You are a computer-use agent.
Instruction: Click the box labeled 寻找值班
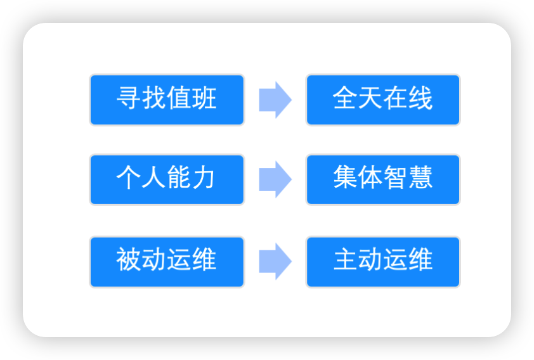click(x=167, y=100)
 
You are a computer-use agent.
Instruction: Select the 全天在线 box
click(x=383, y=100)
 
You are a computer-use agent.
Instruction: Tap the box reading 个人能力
click(x=167, y=179)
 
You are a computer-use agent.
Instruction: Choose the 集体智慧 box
click(x=383, y=179)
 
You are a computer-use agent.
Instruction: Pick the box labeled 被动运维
click(x=167, y=261)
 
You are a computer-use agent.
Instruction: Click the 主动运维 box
click(x=383, y=261)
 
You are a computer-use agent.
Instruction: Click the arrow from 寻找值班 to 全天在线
click(x=275, y=100)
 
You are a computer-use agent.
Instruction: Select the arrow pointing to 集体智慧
click(x=275, y=179)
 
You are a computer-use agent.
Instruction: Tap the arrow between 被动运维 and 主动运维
click(x=275, y=261)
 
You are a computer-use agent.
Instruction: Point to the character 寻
click(x=129, y=100)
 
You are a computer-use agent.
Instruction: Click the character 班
click(x=204, y=100)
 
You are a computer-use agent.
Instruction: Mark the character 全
click(x=345, y=100)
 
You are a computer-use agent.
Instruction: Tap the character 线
click(x=420, y=100)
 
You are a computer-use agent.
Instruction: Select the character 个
click(x=129, y=179)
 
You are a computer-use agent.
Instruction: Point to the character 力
click(x=204, y=179)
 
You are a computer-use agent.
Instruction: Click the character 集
click(x=345, y=179)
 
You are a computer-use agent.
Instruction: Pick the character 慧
click(x=420, y=179)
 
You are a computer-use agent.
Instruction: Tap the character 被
click(x=129, y=261)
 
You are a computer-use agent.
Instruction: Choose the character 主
click(x=345, y=261)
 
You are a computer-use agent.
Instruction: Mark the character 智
click(x=396, y=179)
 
